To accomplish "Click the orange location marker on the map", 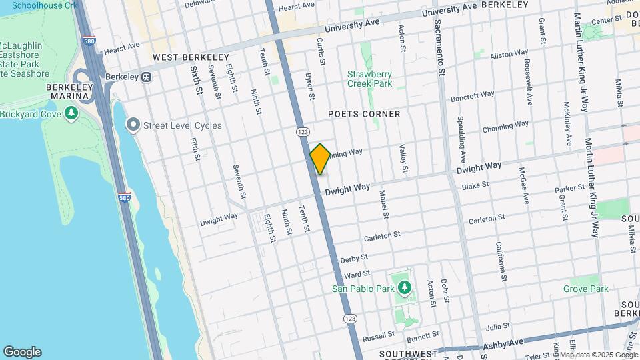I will pyautogui.click(x=320, y=159).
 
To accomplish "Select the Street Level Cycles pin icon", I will pyautogui.click(x=133, y=125).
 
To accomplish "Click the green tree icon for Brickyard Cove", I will pyautogui.click(x=71, y=114).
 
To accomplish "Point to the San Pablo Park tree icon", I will pyautogui.click(x=403, y=288).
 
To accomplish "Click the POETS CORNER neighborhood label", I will pyautogui.click(x=364, y=114).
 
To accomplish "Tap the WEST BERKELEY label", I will pyautogui.click(x=191, y=58).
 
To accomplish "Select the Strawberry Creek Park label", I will pyautogui.click(x=369, y=79).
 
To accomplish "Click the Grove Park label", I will pyautogui.click(x=585, y=289).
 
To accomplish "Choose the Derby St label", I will pyautogui.click(x=354, y=258).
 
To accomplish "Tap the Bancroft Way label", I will pyautogui.click(x=473, y=96).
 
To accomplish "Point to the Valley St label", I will pyautogui.click(x=403, y=157).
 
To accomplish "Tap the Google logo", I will pyautogui.click(x=22, y=352).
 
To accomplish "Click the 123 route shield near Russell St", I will pyautogui.click(x=351, y=319).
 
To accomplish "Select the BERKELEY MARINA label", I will pyautogui.click(x=67, y=92).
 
